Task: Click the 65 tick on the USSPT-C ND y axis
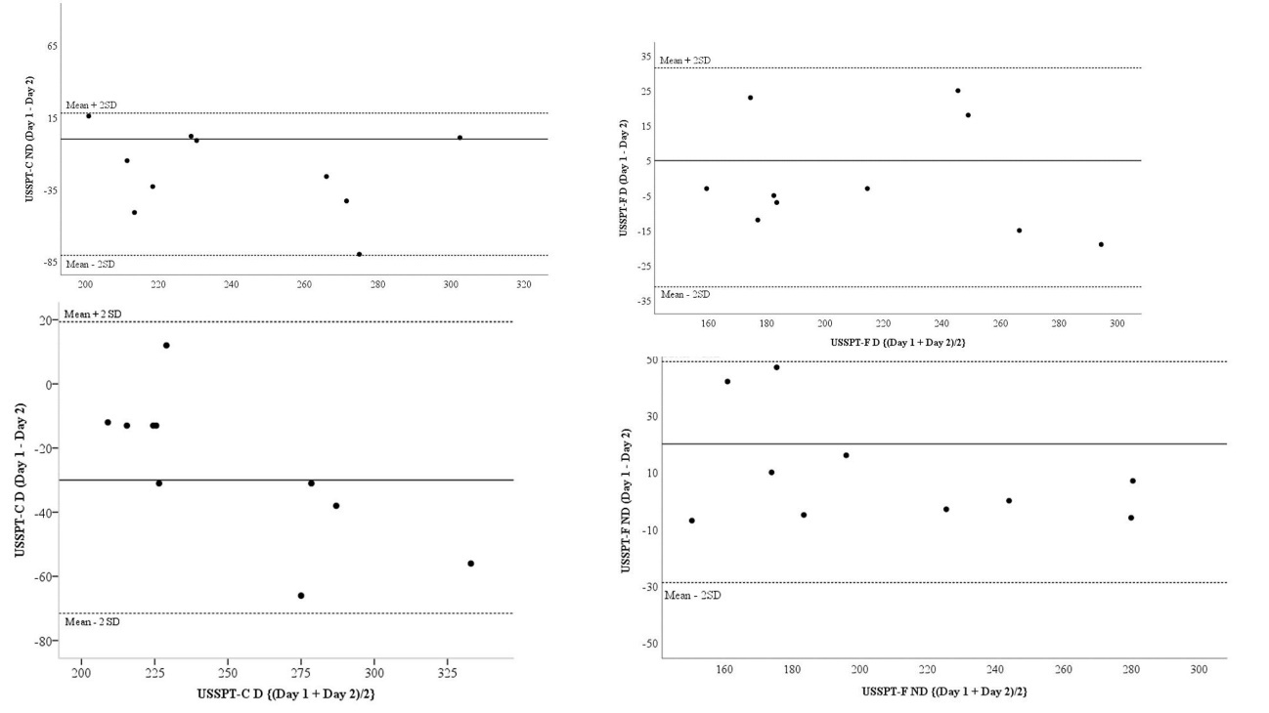53,46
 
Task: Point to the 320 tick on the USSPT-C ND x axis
523,285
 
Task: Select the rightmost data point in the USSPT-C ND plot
459,138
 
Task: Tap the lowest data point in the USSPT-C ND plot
359,254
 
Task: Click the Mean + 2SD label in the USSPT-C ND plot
91,105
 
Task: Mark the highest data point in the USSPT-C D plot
166,345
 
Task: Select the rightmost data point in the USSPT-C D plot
470,564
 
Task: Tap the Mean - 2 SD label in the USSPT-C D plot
93,622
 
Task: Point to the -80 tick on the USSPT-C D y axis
45,641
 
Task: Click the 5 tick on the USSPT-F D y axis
645,161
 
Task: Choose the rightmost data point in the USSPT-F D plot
1101,244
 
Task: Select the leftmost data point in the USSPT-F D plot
706,189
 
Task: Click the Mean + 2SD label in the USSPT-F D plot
685,61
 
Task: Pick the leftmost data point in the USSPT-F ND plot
691,521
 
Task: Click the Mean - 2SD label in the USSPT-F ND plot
692,595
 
